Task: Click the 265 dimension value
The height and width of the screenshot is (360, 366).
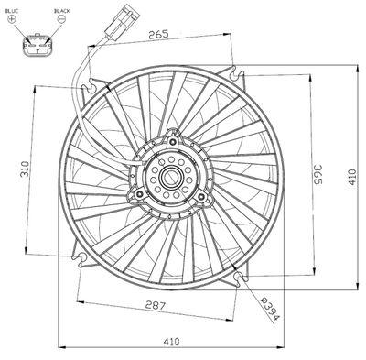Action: tap(158, 34)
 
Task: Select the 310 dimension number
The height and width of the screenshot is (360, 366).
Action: tap(25, 169)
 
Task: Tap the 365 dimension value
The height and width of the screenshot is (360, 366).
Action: tap(318, 174)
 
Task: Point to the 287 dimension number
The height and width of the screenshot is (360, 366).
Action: tap(156, 305)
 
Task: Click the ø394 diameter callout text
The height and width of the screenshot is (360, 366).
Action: tap(270, 308)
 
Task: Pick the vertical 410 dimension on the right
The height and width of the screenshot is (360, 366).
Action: tap(352, 177)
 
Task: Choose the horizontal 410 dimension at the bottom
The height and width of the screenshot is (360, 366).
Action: tap(171, 342)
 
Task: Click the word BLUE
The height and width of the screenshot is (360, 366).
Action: tap(12, 11)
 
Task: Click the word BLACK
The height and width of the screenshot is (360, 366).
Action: tap(62, 11)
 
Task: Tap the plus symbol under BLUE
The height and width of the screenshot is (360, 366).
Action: tap(12, 19)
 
